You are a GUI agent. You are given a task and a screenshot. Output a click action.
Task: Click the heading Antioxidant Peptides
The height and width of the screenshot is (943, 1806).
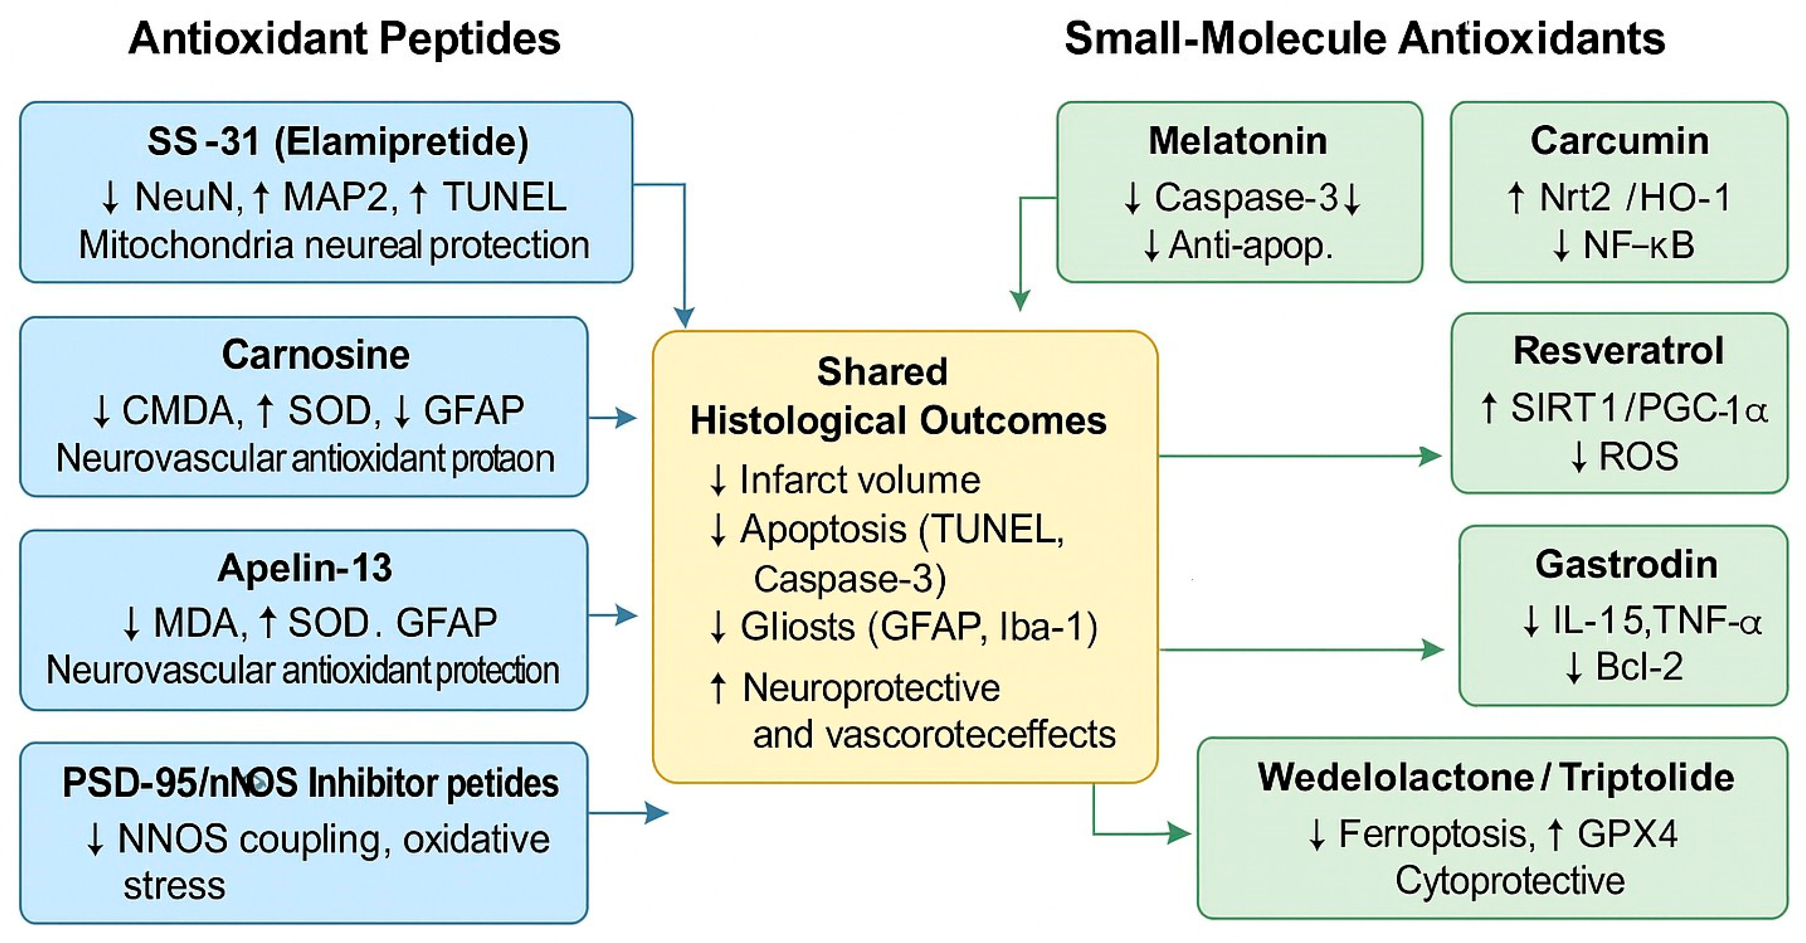344,38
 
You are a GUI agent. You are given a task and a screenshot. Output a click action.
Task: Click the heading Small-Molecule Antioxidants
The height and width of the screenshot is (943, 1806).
1364,38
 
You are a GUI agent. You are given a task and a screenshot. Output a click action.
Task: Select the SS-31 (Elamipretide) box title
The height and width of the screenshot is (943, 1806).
338,141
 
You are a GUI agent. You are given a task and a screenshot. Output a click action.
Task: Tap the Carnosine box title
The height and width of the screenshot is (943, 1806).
316,354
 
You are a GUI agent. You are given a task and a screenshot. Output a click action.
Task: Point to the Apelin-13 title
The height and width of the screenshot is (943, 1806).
304,567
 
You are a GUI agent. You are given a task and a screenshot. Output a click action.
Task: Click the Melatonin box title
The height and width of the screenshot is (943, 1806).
1238,141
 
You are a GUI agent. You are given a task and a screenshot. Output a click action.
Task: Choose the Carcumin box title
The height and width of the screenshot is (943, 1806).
1619,141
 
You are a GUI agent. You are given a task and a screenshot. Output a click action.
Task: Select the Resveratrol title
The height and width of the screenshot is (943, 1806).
1618,350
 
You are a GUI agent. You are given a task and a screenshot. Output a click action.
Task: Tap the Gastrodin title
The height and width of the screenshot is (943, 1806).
1626,564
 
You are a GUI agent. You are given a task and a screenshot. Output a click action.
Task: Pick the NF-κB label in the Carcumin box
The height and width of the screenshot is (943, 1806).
1638,246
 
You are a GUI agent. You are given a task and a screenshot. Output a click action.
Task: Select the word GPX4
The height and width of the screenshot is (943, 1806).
1627,834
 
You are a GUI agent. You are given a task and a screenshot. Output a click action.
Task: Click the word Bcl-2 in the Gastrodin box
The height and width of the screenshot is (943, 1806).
1638,667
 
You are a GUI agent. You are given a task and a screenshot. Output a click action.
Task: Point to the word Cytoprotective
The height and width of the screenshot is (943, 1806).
1509,881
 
